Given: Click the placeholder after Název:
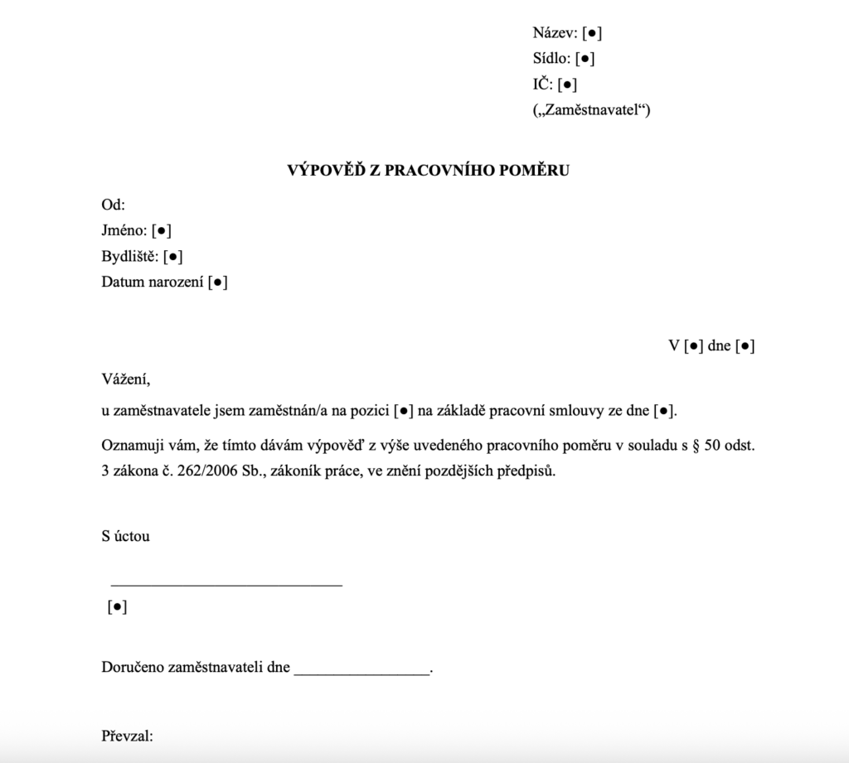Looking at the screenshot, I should coord(592,34).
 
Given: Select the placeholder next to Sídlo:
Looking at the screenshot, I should coord(585,59).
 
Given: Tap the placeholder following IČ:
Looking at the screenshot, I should coord(568,84).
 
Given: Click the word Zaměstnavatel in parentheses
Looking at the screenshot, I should coord(591,109).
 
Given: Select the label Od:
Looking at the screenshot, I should coord(113,205).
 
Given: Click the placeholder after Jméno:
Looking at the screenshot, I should coord(162,231).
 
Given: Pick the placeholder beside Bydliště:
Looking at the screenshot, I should coord(173,256).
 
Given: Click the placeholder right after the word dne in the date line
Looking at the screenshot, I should coord(745,346).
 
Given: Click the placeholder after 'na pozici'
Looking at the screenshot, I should coord(401,410).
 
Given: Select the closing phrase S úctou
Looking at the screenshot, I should coord(125,536).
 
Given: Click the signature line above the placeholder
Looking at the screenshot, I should coord(226,585).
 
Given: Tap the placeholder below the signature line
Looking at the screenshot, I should coord(117,607).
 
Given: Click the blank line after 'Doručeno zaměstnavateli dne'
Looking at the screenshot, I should coord(362,672).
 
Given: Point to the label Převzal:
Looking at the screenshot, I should coord(128,736).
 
